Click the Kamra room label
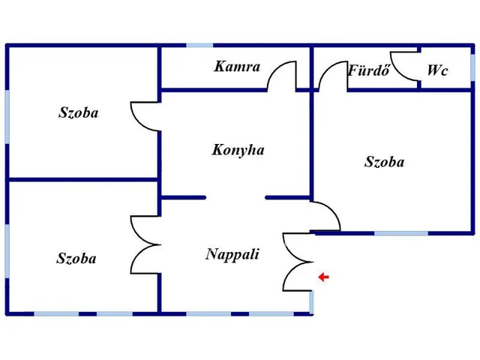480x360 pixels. point(237,67)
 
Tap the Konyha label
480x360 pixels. point(238,150)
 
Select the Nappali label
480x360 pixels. point(232,254)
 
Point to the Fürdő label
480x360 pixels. point(367,71)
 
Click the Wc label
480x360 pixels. point(437,70)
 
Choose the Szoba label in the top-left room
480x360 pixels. point(79,113)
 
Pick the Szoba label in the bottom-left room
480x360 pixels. point(76,259)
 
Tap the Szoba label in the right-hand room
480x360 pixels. point(385,161)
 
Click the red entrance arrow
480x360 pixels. point(323,277)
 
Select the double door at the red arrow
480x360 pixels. point(298,262)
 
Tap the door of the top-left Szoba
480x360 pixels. point(145,116)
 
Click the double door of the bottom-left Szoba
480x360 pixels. point(145,244)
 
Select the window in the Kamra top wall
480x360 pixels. point(200,46)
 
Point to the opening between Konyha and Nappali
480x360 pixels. point(235,198)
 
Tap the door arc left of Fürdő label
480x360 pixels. point(330,76)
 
